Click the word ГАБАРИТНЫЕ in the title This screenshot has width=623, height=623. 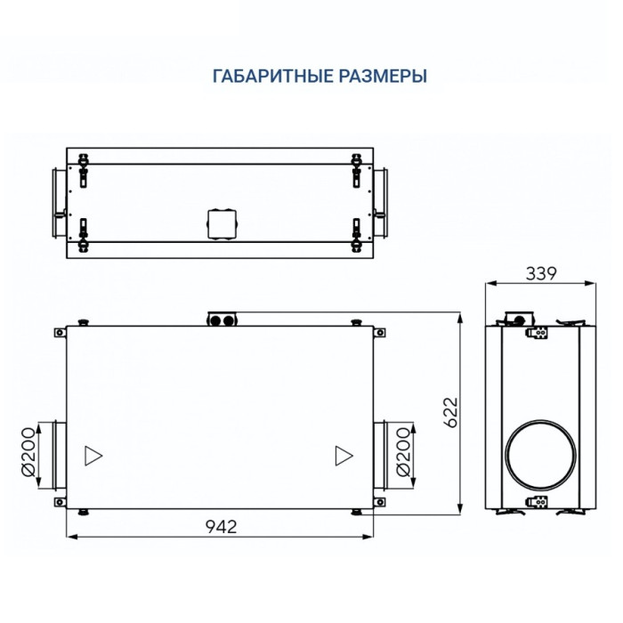click(273, 76)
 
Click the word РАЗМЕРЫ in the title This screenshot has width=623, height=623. click(383, 76)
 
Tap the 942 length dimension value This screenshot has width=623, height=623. click(222, 527)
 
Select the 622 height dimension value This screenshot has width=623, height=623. click(451, 412)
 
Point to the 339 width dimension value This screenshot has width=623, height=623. click(541, 274)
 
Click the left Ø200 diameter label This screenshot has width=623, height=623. click(28, 452)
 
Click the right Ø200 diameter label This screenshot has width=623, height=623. click(403, 452)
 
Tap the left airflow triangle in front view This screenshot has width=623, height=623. click(93, 456)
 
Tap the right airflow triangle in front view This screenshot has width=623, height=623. click(344, 456)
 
